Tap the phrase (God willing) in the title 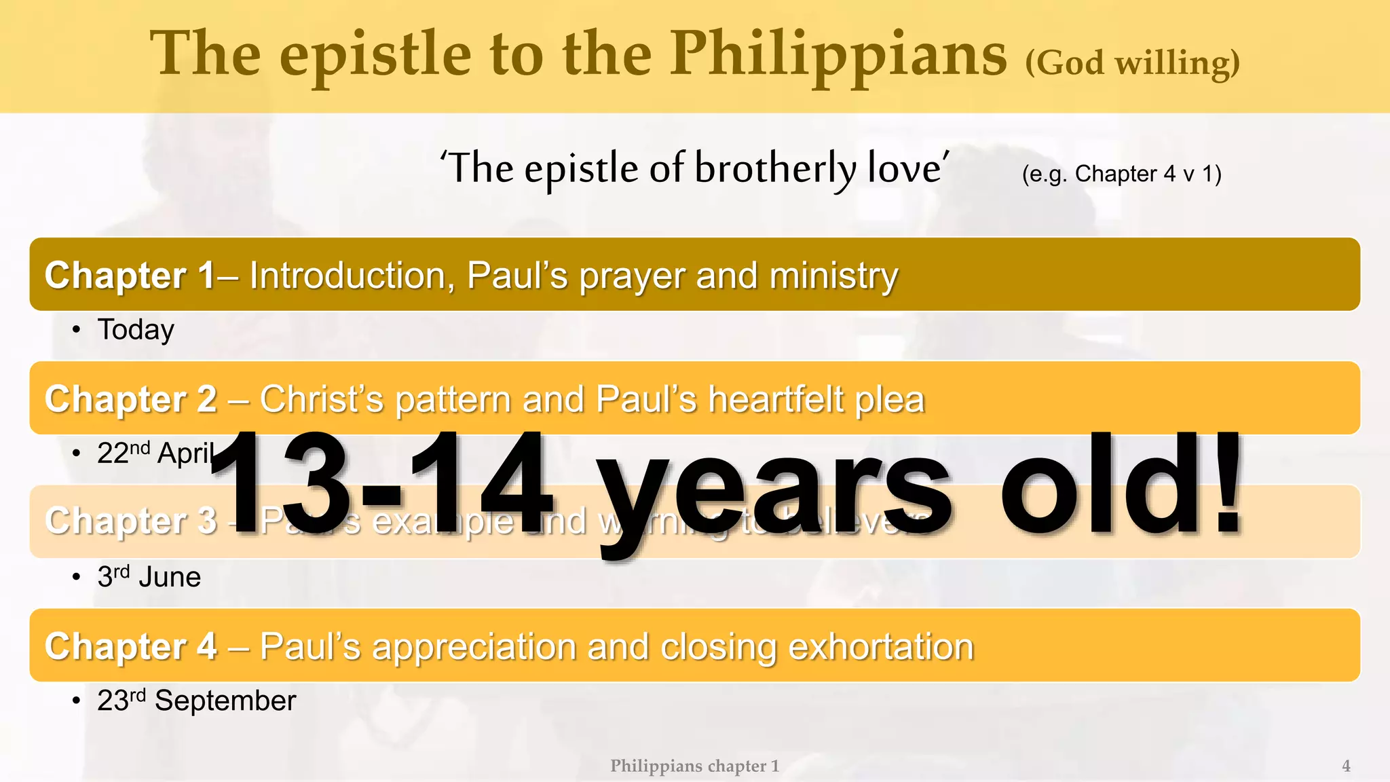pyautogui.click(x=1132, y=64)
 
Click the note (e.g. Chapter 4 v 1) pyautogui.click(x=1121, y=174)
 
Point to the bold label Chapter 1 pyautogui.click(x=130, y=276)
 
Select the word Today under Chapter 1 pyautogui.click(x=136, y=330)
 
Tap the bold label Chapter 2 pyautogui.click(x=130, y=399)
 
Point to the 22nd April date pyautogui.click(x=155, y=453)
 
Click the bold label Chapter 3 pyautogui.click(x=130, y=521)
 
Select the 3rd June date pyautogui.click(x=149, y=577)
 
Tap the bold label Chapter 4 pyautogui.click(x=130, y=646)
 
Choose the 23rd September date pyautogui.click(x=196, y=701)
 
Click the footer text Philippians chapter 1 pyautogui.click(x=694, y=766)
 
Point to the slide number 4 pyautogui.click(x=1346, y=766)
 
